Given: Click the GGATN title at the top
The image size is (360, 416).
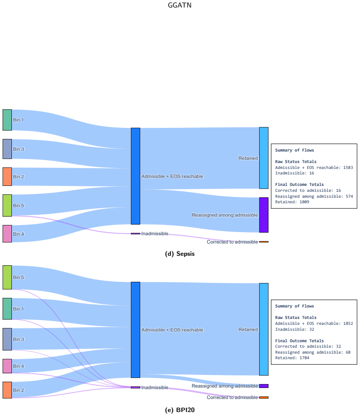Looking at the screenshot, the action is tap(180, 5).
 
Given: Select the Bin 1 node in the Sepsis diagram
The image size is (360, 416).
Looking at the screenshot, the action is tap(7, 120).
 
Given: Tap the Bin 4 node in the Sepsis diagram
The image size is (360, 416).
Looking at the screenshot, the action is tap(7, 234).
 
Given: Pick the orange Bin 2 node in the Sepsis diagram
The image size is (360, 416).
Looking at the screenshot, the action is tap(7, 177).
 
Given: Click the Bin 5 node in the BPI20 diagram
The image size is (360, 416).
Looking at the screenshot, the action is tap(7, 277).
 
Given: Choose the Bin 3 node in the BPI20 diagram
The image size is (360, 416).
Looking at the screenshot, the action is tap(7, 339).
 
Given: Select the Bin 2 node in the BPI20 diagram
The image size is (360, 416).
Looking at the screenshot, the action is tap(7, 390).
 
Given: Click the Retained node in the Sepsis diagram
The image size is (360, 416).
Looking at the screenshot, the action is tap(264, 158).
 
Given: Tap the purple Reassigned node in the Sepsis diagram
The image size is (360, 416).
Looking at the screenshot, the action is tap(264, 215).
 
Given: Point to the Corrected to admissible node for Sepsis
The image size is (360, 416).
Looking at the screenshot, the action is tap(264, 242).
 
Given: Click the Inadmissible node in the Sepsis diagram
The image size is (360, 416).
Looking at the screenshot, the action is tap(135, 234).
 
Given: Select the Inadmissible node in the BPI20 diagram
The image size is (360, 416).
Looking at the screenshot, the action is tap(135, 387).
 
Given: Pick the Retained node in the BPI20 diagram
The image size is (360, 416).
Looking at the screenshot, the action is tap(264, 329).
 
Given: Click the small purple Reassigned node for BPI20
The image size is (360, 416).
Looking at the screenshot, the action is tap(264, 386).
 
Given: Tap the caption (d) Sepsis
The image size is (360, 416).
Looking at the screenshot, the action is tap(180, 254).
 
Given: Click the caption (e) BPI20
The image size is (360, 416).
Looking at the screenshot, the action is tap(180, 410).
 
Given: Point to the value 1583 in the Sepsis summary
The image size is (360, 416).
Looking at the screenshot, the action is tap(348, 167).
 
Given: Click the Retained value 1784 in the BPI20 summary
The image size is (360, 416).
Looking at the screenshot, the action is tap(304, 358).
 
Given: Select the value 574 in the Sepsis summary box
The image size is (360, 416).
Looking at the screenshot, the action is tap(349, 196).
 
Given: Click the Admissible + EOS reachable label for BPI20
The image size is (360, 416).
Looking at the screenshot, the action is tap(172, 330).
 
